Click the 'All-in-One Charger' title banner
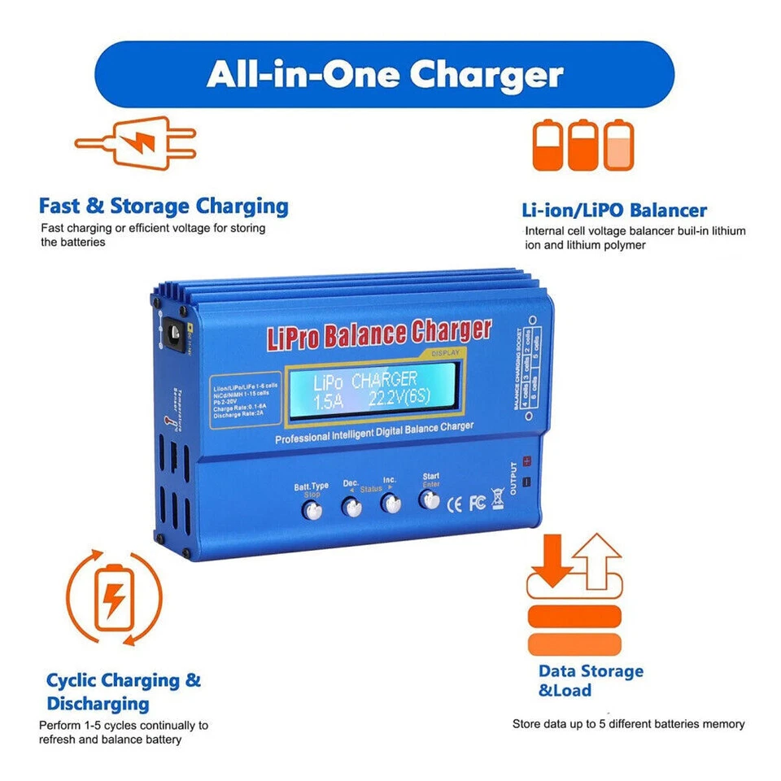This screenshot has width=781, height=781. (385, 74)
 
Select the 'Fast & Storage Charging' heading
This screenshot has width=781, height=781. (164, 206)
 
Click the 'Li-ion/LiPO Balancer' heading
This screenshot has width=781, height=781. (614, 210)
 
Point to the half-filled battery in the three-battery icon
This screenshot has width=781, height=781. (618, 145)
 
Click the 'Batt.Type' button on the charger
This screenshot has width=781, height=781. (312, 509)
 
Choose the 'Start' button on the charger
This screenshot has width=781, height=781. (429, 499)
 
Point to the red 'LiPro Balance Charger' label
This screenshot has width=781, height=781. (379, 334)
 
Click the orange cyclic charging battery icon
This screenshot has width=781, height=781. (114, 599)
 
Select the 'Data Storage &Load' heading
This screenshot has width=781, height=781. (591, 680)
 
